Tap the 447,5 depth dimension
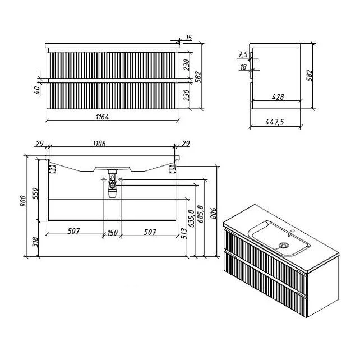[271, 122]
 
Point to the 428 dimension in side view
[277, 97]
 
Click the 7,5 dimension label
[243, 54]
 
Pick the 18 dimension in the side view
[243, 67]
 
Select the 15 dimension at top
[188, 38]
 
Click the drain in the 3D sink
[284, 245]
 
